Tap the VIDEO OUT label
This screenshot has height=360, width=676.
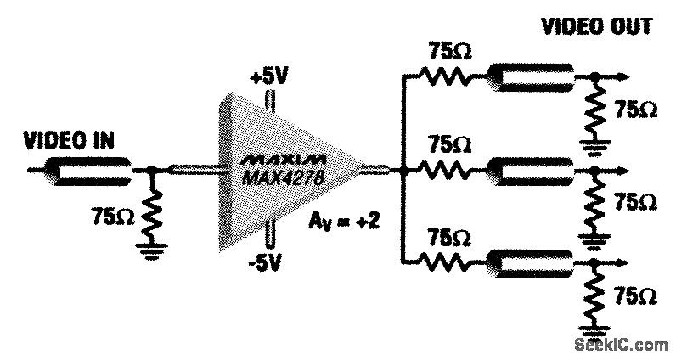[x=597, y=26]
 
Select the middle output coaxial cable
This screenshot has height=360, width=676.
[x=531, y=171]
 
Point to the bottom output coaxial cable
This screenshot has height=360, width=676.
[x=531, y=262]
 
